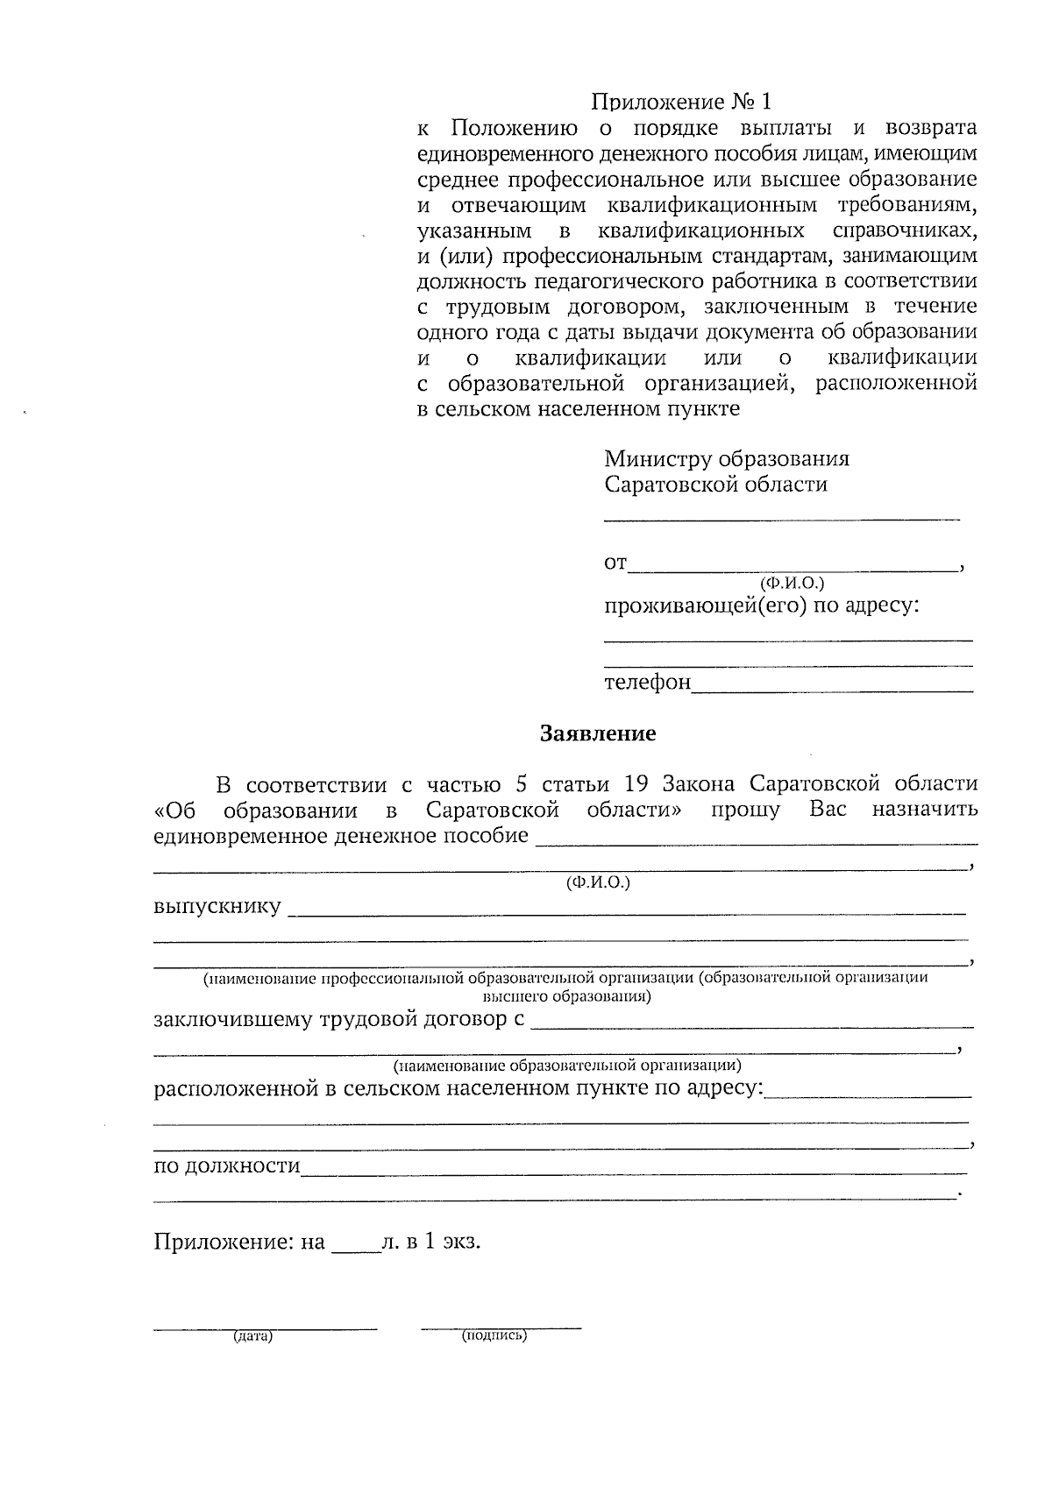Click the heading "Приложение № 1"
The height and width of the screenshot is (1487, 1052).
[681, 102]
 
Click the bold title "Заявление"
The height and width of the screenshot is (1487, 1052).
[597, 733]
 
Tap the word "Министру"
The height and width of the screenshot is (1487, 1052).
[657, 459]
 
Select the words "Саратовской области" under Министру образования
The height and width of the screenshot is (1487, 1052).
[715, 485]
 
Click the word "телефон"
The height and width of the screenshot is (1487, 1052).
[647, 682]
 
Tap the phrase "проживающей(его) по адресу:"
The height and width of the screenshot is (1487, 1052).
[761, 605]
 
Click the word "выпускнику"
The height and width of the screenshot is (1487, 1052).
[217, 906]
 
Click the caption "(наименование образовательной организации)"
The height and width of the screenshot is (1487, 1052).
[567, 1066]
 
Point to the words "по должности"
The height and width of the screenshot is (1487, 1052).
[227, 1166]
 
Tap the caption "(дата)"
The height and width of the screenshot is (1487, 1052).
[252, 1337]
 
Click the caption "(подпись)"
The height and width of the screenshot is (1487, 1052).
[494, 1336]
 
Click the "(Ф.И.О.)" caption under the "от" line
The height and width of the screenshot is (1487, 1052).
[792, 583]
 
